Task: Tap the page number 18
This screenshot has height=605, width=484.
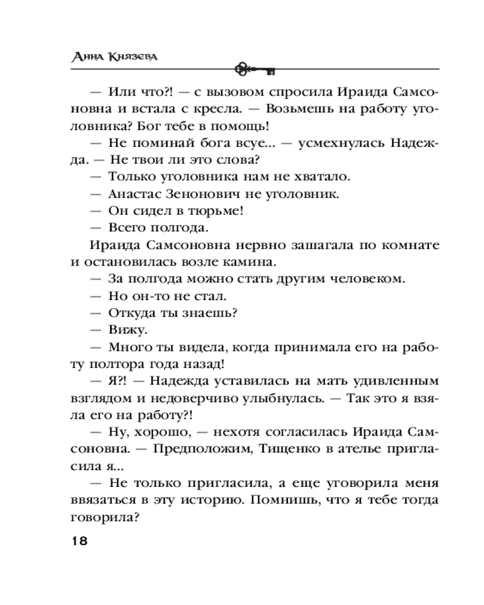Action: (79, 540)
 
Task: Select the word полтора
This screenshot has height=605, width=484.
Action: (103, 364)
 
